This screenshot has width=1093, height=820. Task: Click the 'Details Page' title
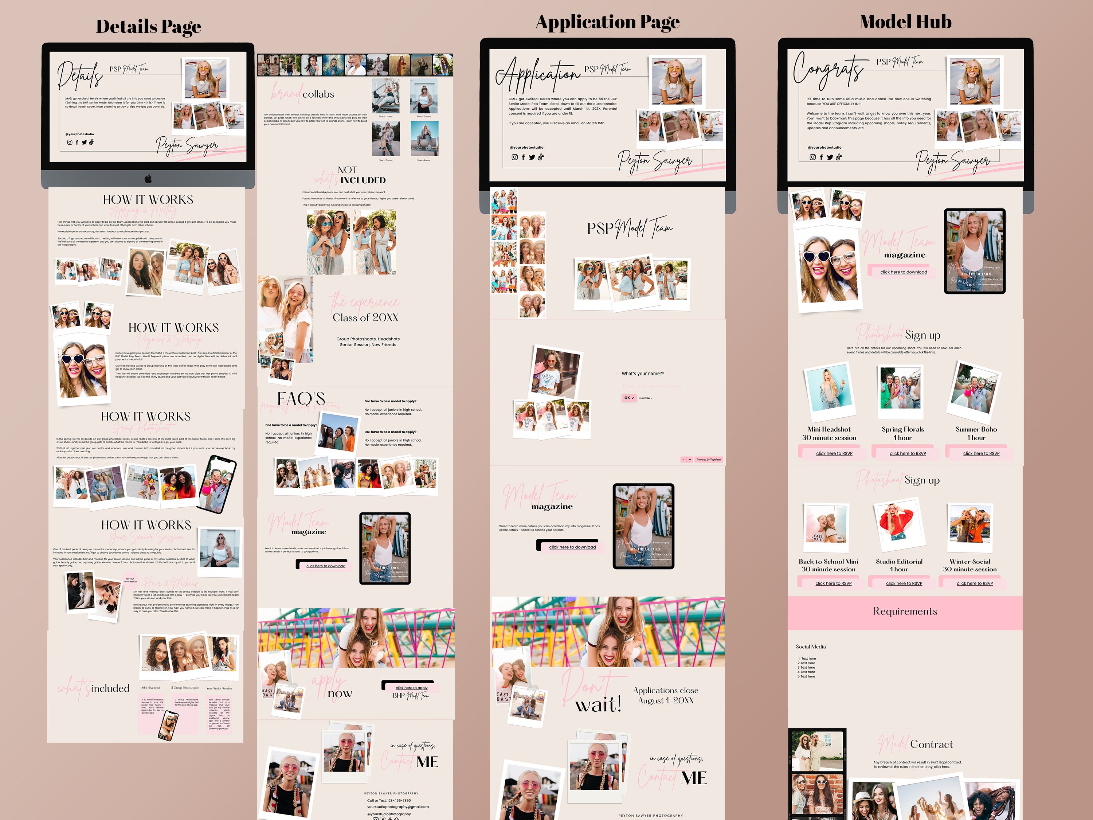[x=148, y=27]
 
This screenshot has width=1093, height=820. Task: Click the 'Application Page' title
[x=607, y=22]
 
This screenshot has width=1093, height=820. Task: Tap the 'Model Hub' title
[x=905, y=22]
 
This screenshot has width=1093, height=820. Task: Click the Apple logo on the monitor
[x=148, y=179]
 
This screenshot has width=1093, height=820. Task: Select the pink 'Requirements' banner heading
[x=905, y=612]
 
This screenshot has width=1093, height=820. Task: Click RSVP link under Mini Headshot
[x=834, y=453]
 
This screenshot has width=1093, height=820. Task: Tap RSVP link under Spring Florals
[x=908, y=453]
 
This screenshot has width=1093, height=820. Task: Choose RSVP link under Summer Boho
[x=981, y=453]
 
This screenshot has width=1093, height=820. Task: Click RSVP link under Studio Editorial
[x=904, y=583]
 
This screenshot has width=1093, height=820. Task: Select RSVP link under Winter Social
[x=975, y=583]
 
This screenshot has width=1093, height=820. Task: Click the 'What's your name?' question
[x=642, y=374]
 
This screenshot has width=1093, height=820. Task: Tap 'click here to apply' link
[x=412, y=688]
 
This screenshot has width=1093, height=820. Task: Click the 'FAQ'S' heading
[x=301, y=398]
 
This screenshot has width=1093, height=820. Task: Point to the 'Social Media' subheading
[x=810, y=647]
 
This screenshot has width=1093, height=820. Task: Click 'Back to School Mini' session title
[x=828, y=562]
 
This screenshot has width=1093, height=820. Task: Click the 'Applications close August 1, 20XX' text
[x=666, y=695]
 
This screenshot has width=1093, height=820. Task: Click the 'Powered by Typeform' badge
[x=709, y=460]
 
